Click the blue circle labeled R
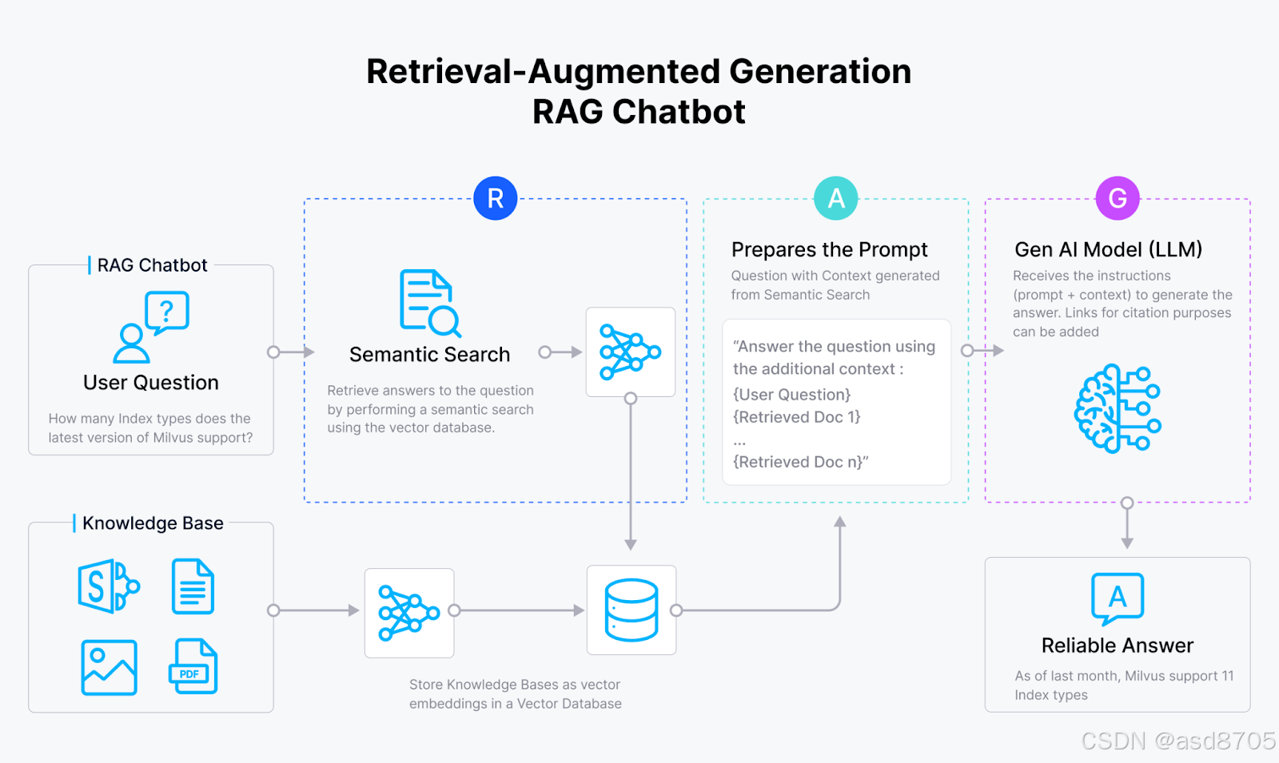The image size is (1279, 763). point(496,198)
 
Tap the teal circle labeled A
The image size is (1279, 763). point(836,198)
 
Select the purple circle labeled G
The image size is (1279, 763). point(1118,198)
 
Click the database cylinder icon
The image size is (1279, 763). point(632,610)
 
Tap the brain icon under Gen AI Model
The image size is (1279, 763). point(1118,408)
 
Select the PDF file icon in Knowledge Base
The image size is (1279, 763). point(193,666)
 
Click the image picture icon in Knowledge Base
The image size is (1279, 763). point(110,667)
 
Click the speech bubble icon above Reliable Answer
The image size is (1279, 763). point(1118,598)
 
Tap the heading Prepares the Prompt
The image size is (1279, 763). point(829,250)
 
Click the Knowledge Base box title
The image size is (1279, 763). point(153,523)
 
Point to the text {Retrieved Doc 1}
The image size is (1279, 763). point(796,417)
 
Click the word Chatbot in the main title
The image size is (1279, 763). point(679,112)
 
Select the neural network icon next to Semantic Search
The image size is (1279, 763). point(631,352)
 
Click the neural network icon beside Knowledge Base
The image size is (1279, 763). point(409,613)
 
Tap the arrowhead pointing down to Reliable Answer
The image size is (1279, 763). point(1127,543)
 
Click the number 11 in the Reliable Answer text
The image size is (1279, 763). point(1228,676)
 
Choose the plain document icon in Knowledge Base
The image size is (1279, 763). point(193,586)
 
